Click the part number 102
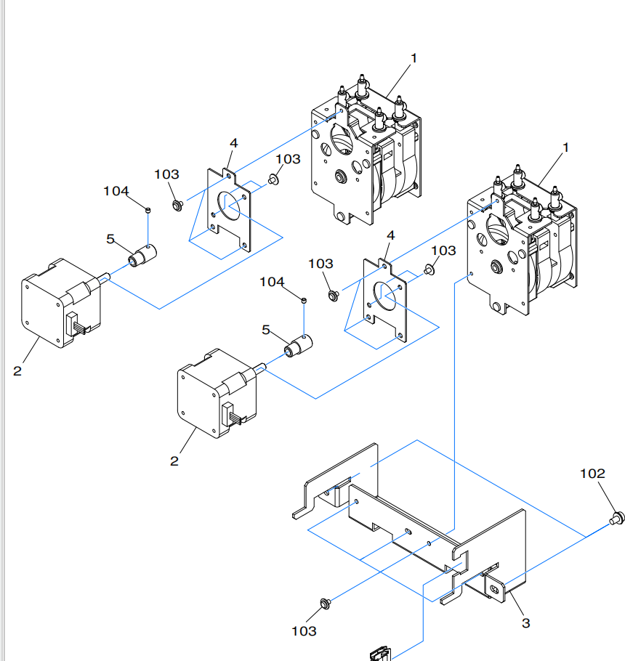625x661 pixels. [x=592, y=474]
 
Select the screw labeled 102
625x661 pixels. [x=618, y=518]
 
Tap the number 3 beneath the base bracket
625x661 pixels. [x=525, y=623]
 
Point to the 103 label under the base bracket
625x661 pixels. [x=304, y=631]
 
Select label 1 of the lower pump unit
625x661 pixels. [x=565, y=147]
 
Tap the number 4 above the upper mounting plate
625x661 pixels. [x=234, y=142]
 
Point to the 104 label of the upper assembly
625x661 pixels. [x=116, y=191]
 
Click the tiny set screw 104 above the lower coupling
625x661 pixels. [x=304, y=299]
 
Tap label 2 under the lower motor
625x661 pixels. [x=174, y=461]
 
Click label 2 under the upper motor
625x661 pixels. [x=17, y=371]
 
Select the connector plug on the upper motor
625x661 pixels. [x=78, y=323]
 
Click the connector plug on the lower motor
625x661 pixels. [x=235, y=415]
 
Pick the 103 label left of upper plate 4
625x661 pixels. [x=166, y=174]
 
